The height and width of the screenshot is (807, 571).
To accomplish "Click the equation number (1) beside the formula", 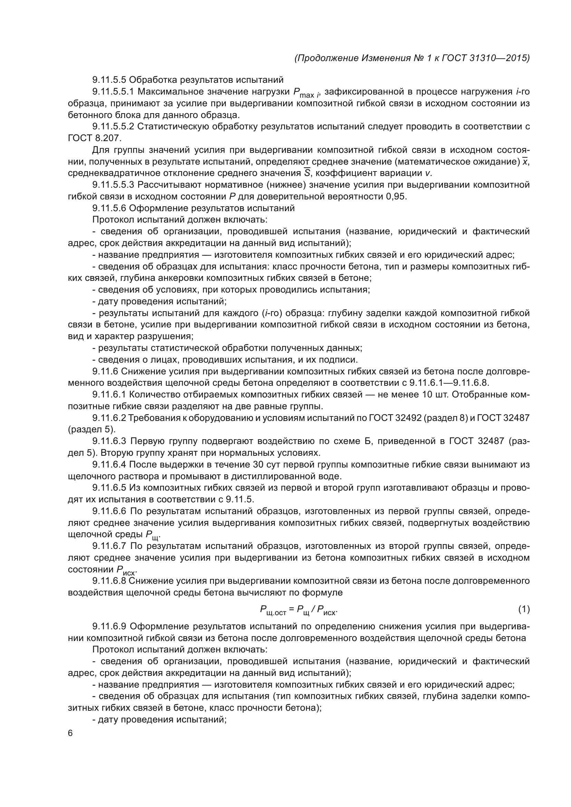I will (524, 609).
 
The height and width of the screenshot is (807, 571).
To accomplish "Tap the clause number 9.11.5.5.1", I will (113, 92).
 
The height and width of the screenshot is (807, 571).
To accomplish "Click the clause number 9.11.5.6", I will (109, 208).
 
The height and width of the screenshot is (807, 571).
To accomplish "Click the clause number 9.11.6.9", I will (109, 626).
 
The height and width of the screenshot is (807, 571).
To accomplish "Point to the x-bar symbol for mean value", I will (525, 162).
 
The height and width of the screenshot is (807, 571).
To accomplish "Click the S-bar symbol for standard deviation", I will (307, 173).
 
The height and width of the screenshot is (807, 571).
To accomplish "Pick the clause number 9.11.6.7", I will (109, 546).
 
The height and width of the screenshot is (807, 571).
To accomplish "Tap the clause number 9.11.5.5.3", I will (113, 185).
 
